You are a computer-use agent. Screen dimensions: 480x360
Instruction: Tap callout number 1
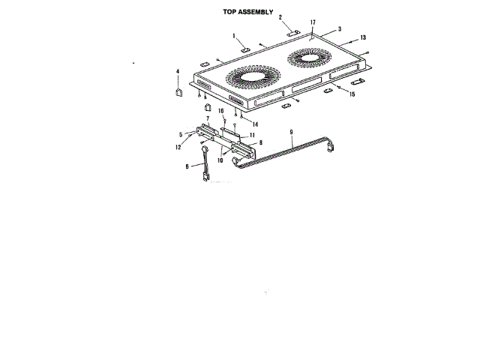[x=234, y=36]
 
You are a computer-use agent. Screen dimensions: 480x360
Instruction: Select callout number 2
[x=280, y=16]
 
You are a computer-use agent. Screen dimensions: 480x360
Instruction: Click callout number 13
[x=363, y=37]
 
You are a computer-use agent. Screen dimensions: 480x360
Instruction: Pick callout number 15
[x=352, y=94]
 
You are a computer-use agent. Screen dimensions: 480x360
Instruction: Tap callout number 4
[x=178, y=72]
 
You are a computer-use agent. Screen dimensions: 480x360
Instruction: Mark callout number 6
[x=187, y=168]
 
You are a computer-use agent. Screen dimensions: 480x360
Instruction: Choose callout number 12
[x=178, y=147]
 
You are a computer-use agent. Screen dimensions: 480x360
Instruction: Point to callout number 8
[x=260, y=142]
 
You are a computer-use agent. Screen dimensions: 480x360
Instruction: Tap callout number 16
[x=222, y=111]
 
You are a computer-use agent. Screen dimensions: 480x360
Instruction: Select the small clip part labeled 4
[x=178, y=92]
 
